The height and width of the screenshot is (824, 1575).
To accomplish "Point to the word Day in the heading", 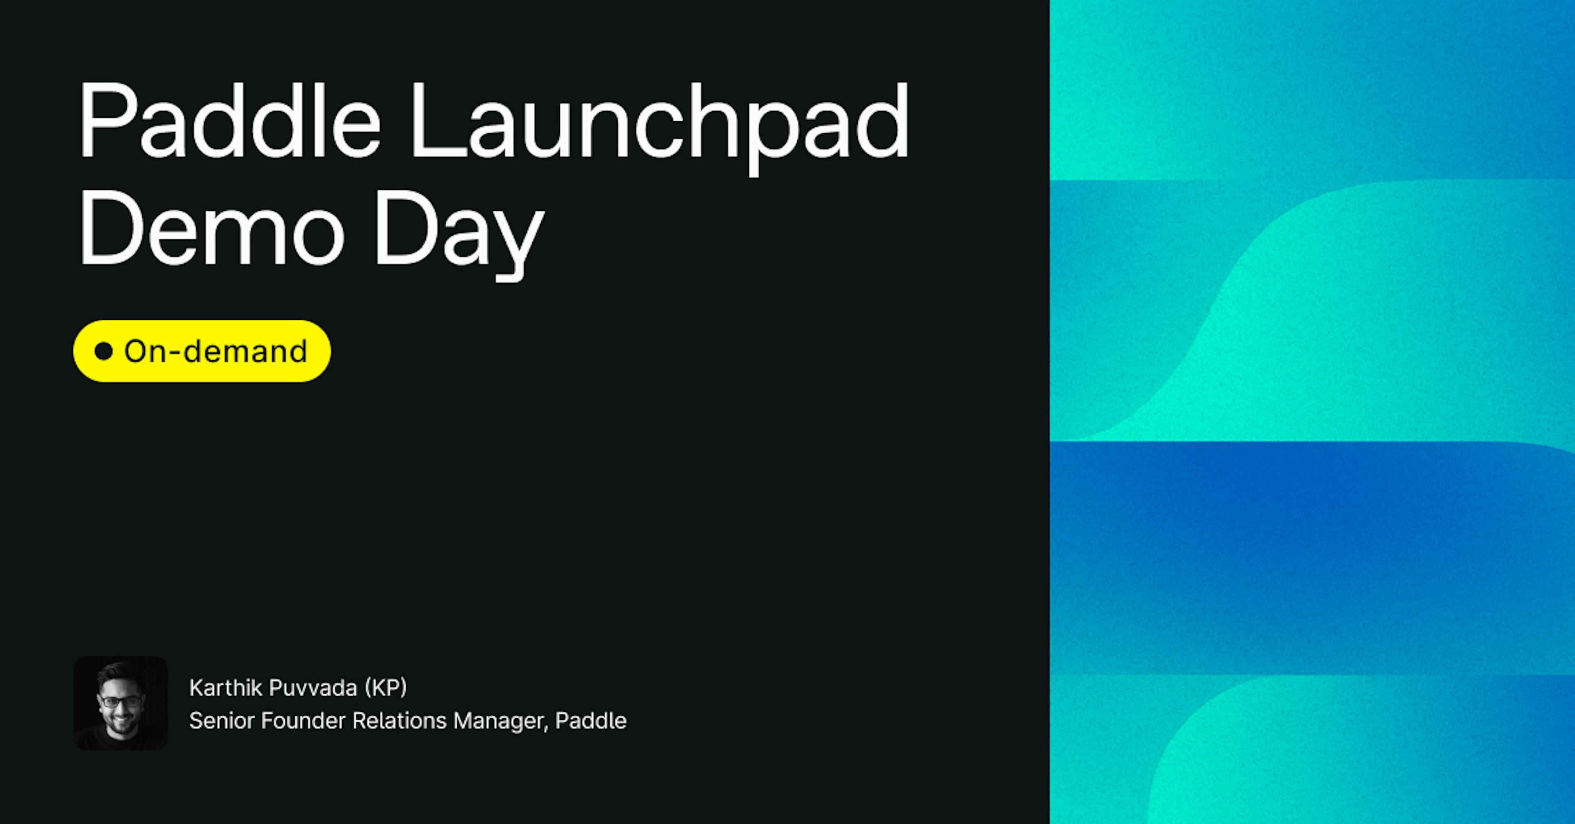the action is [x=459, y=235].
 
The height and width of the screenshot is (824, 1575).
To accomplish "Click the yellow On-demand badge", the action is [x=202, y=351].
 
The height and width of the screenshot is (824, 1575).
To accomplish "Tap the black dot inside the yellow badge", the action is [x=104, y=351].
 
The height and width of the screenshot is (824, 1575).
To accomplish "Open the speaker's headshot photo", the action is [x=121, y=703].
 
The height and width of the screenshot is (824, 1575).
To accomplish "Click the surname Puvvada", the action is [x=313, y=687].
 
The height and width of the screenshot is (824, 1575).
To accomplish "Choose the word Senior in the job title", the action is [x=221, y=721].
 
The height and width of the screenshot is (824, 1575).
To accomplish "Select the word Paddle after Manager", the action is [x=591, y=721].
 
